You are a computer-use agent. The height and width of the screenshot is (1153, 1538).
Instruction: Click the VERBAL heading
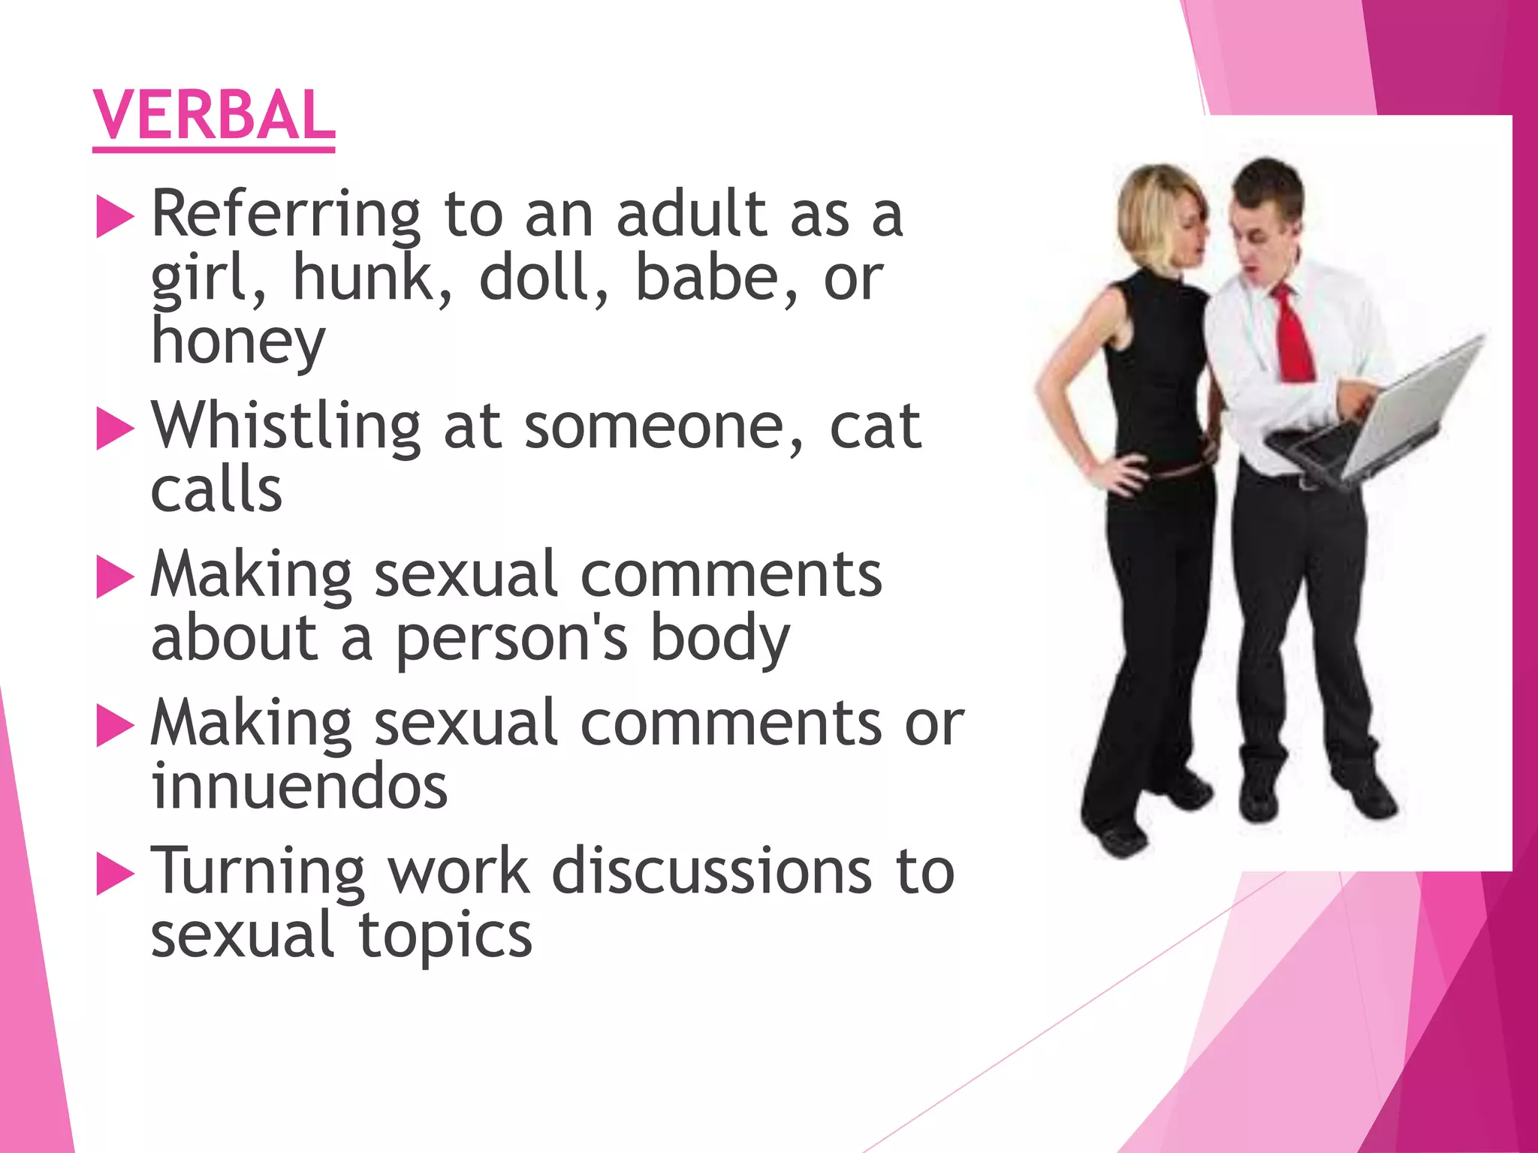coord(214,116)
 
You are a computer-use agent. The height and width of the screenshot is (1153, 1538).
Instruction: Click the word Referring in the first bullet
coord(285,216)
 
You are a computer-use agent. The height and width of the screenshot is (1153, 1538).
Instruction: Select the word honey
coord(238,342)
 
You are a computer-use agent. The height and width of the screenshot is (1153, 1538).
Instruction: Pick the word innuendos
coord(299,787)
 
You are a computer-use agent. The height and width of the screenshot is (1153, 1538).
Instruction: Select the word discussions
coord(711,872)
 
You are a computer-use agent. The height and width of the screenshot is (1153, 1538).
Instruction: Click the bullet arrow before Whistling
coord(115,429)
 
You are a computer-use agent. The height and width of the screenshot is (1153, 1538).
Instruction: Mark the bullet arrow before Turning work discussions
coord(115,875)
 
